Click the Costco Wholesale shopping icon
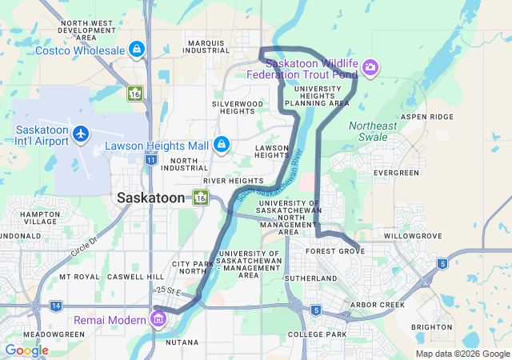point(138,50)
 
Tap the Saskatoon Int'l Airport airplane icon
point(80,133)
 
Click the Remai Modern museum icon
point(158,320)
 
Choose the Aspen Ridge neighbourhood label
point(426,116)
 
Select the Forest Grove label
point(336,250)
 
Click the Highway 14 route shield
point(56,306)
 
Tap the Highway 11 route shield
point(151,159)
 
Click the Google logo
point(26,350)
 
